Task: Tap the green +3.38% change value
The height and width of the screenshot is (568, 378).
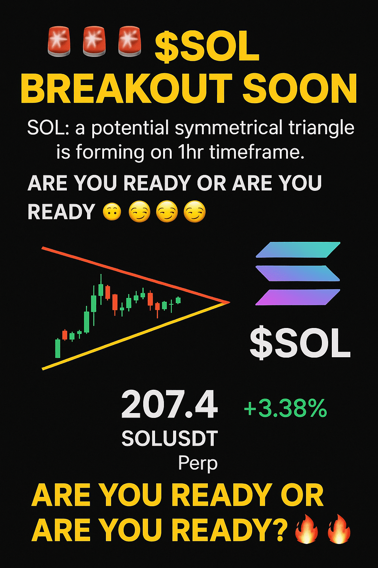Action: tap(285, 408)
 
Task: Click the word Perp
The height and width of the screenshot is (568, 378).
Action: tap(198, 463)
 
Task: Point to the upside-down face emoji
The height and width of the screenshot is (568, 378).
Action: tap(111, 212)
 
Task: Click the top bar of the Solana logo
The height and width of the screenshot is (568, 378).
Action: tap(298, 250)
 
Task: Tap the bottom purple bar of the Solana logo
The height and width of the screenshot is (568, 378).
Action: tap(298, 297)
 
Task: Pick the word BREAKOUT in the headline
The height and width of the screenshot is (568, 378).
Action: tap(126, 88)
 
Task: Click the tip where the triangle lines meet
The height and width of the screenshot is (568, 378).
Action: tap(230, 302)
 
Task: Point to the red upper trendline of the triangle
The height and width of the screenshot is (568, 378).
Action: tap(136, 275)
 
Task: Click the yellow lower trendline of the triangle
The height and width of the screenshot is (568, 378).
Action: tap(136, 336)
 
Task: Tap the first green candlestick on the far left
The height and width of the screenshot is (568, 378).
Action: tap(58, 348)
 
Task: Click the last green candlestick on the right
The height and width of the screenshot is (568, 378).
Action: tap(179, 300)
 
